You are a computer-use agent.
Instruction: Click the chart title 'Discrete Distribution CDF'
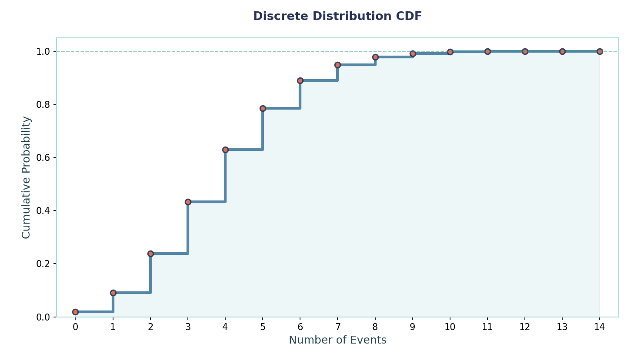click(x=337, y=17)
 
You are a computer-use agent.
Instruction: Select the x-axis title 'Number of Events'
click(x=337, y=340)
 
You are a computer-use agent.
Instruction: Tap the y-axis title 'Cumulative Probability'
click(x=27, y=177)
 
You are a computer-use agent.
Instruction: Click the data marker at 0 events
click(x=76, y=312)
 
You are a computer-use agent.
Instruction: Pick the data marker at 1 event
click(x=113, y=293)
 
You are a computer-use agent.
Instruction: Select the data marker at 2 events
click(x=150, y=254)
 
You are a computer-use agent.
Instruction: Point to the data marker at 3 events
click(x=188, y=202)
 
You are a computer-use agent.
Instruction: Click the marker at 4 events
click(x=225, y=150)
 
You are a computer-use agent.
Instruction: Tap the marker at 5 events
click(x=263, y=108)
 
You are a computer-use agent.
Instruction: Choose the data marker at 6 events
click(x=300, y=80)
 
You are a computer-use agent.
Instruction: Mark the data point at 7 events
click(x=337, y=65)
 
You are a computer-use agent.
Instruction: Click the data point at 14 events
click(x=600, y=51)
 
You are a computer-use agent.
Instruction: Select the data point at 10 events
click(x=450, y=52)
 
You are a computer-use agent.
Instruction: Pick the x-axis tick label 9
click(x=413, y=327)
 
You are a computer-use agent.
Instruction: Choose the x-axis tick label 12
click(x=525, y=327)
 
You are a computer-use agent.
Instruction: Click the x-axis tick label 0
click(x=76, y=327)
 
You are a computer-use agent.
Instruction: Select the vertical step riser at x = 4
click(x=225, y=176)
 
